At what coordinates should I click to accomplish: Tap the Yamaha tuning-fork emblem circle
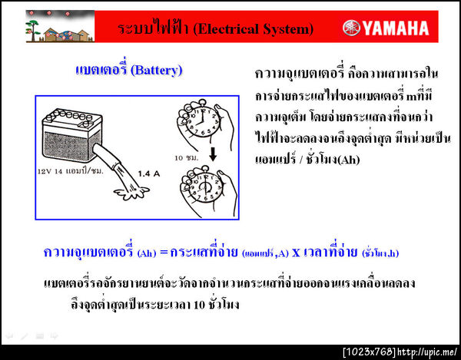coord(352,29)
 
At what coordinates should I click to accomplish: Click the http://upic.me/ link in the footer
coord(428,352)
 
